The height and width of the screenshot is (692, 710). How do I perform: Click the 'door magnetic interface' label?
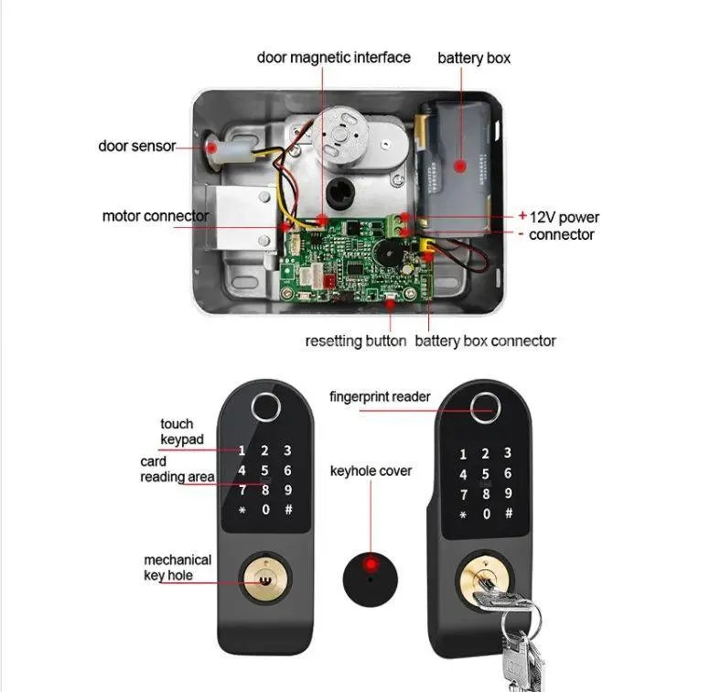click(x=333, y=58)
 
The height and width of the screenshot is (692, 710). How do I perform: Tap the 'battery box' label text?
click(x=474, y=59)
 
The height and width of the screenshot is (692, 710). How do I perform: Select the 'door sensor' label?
click(x=136, y=146)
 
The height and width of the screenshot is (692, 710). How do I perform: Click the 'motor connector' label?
click(x=156, y=217)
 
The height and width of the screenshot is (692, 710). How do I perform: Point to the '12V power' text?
click(x=565, y=217)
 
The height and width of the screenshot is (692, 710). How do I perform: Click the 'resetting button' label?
click(x=355, y=341)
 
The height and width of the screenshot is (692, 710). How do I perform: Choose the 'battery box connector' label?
click(x=485, y=341)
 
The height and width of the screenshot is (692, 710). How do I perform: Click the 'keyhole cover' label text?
click(x=371, y=470)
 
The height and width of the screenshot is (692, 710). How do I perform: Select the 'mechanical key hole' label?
click(x=177, y=568)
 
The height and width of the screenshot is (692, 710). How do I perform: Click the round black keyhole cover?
click(x=371, y=578)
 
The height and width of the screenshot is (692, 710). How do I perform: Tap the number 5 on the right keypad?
click(x=486, y=474)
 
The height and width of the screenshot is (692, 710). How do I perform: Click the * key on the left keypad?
click(x=242, y=510)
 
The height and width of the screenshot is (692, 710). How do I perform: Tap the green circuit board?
click(x=358, y=261)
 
